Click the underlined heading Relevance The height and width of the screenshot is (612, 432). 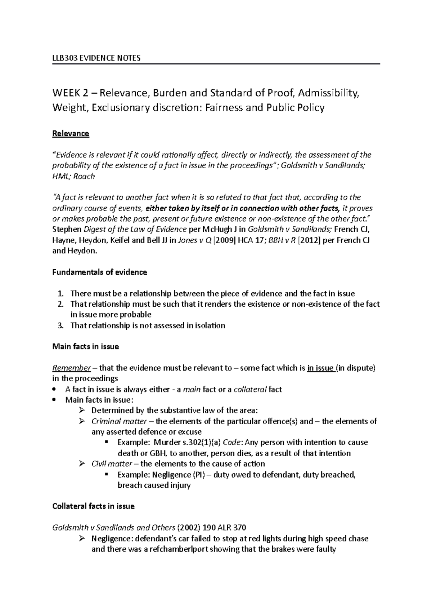[x=71, y=134]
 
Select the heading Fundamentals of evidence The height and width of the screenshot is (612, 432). [x=100, y=272]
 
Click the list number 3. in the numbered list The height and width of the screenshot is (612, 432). [x=61, y=325]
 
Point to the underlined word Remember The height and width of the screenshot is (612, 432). [x=71, y=368]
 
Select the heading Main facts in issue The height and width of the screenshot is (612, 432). [x=86, y=347]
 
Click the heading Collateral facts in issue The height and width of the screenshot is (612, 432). [x=94, y=506]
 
